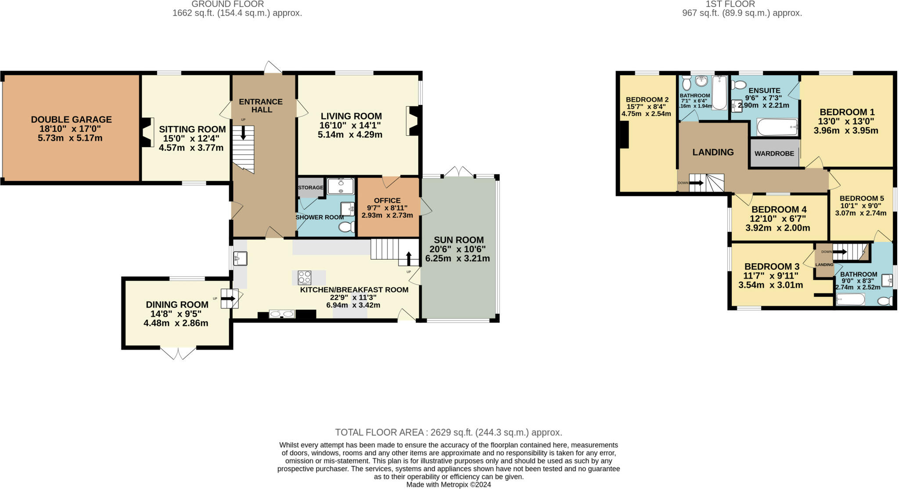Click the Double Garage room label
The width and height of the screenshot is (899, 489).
[x=71, y=120]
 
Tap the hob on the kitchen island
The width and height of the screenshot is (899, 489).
[x=305, y=278]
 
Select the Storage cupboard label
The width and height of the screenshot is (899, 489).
[x=310, y=188]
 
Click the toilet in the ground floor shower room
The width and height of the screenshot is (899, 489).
[x=347, y=227]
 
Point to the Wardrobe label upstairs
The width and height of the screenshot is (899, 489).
[x=774, y=153]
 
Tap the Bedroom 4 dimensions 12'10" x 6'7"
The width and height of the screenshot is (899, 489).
[x=777, y=219]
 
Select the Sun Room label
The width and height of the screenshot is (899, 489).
[x=459, y=240]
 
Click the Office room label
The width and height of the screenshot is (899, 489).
[x=387, y=200]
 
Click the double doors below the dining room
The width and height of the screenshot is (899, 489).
[x=178, y=353]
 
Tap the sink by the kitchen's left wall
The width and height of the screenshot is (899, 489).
[x=240, y=258]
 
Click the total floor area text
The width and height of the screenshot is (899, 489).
[x=448, y=432]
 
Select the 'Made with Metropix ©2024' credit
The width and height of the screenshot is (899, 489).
[x=448, y=485]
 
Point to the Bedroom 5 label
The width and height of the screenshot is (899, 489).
[x=859, y=198]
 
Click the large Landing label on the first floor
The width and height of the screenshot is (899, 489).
[x=713, y=152]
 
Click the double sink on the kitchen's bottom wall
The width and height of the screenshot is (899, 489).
[x=282, y=314]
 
